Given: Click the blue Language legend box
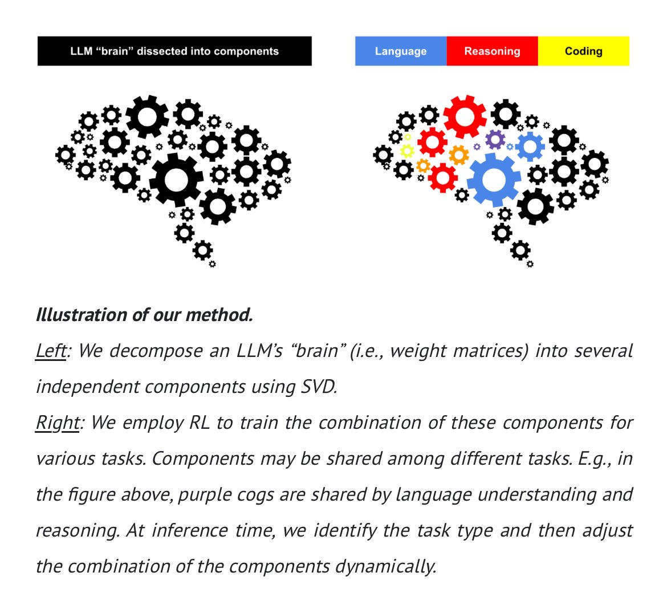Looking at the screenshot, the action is tap(400, 51).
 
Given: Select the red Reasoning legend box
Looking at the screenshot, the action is tap(492, 51).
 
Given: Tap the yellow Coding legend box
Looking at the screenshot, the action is tap(583, 51).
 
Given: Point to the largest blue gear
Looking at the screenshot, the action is tap(494, 180).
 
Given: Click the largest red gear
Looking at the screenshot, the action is tap(465, 116).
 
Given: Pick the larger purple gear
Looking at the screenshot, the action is tap(495, 139).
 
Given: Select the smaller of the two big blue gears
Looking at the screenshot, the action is tap(530, 146).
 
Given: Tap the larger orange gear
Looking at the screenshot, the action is tap(458, 154).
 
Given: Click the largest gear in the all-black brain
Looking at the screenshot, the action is tap(176, 180).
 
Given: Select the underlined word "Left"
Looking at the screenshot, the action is tap(50, 351).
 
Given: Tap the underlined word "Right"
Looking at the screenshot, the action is tap(57, 423).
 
